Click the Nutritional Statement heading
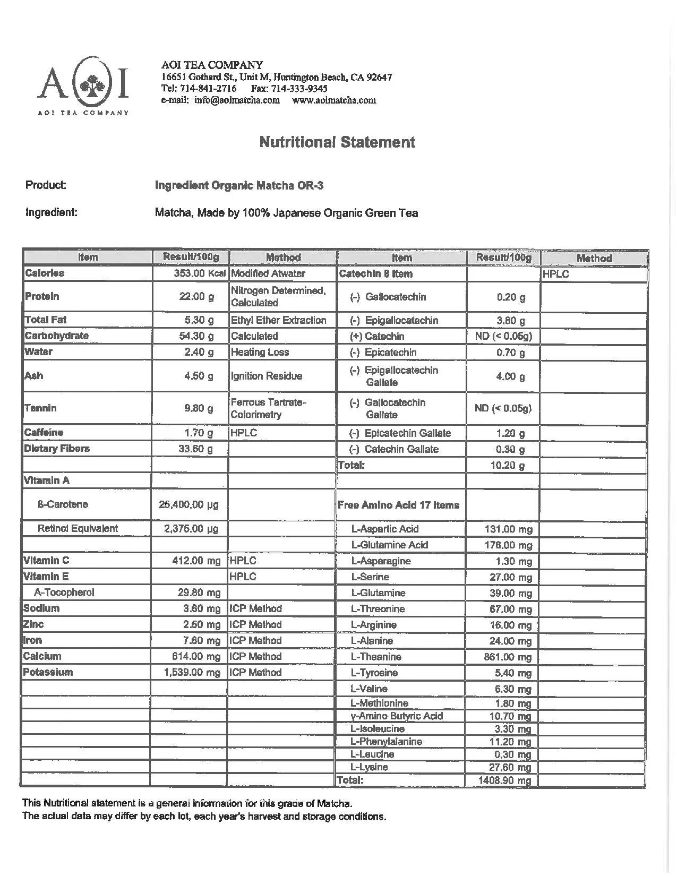pos(337,142)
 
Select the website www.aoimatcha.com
pos(334,100)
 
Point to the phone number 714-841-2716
pos(209,88)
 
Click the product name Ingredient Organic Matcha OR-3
pos(239,185)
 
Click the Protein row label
pos(42,296)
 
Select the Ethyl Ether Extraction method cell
pos(278,320)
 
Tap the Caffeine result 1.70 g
pos(199,433)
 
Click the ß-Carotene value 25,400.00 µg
pos(188,504)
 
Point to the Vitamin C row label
pos(46,561)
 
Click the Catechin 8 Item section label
pos(375,274)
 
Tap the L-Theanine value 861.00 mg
pos(508,657)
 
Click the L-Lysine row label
pos(369,767)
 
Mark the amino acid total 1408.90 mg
pos(504,780)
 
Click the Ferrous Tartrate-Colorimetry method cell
pos(269,408)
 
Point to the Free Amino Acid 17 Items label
pos(399,505)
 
